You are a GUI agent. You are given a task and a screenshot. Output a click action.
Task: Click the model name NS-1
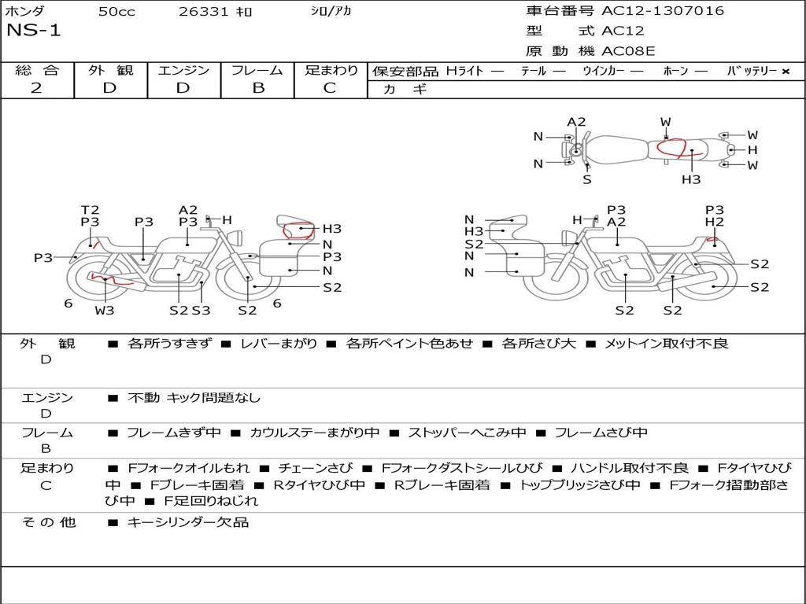33,31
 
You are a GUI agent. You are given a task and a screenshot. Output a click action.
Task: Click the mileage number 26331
203,12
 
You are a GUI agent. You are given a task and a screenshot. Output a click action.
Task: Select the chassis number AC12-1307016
663,11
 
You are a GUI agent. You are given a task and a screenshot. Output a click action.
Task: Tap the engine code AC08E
628,52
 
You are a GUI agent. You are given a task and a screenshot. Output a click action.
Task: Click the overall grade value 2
36,88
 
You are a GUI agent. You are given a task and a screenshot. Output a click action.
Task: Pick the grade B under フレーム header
257,88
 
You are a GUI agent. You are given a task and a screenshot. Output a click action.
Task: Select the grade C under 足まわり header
330,88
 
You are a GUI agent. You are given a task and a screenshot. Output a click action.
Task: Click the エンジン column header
183,70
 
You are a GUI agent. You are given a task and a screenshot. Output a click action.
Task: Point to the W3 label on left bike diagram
104,310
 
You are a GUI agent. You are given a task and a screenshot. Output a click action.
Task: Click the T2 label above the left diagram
90,210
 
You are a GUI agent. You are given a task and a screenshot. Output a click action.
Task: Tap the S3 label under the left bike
201,310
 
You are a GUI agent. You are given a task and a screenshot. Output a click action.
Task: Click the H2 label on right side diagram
714,223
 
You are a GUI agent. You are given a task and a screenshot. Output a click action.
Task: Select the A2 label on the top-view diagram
577,122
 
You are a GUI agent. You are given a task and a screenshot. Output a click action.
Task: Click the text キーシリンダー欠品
188,522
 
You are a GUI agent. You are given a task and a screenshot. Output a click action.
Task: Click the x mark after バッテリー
786,71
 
